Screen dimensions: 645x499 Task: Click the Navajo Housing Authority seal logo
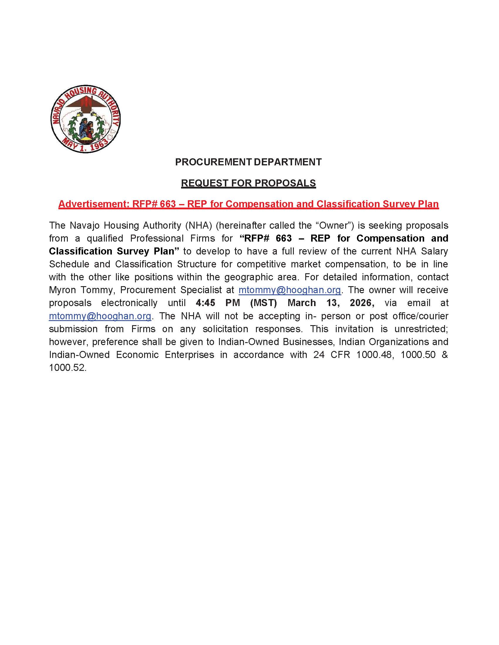pos(85,119)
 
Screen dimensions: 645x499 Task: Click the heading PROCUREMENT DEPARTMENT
pos(248,162)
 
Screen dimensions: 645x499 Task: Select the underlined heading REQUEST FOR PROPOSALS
pos(248,183)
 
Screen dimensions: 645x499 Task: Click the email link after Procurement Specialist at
pos(290,290)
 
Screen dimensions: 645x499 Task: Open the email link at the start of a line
pos(100,316)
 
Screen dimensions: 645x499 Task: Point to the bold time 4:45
pos(205,303)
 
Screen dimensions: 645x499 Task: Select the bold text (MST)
pos(263,303)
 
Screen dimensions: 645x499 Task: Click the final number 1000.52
pos(68,368)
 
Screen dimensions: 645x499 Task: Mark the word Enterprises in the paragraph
pos(189,355)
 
